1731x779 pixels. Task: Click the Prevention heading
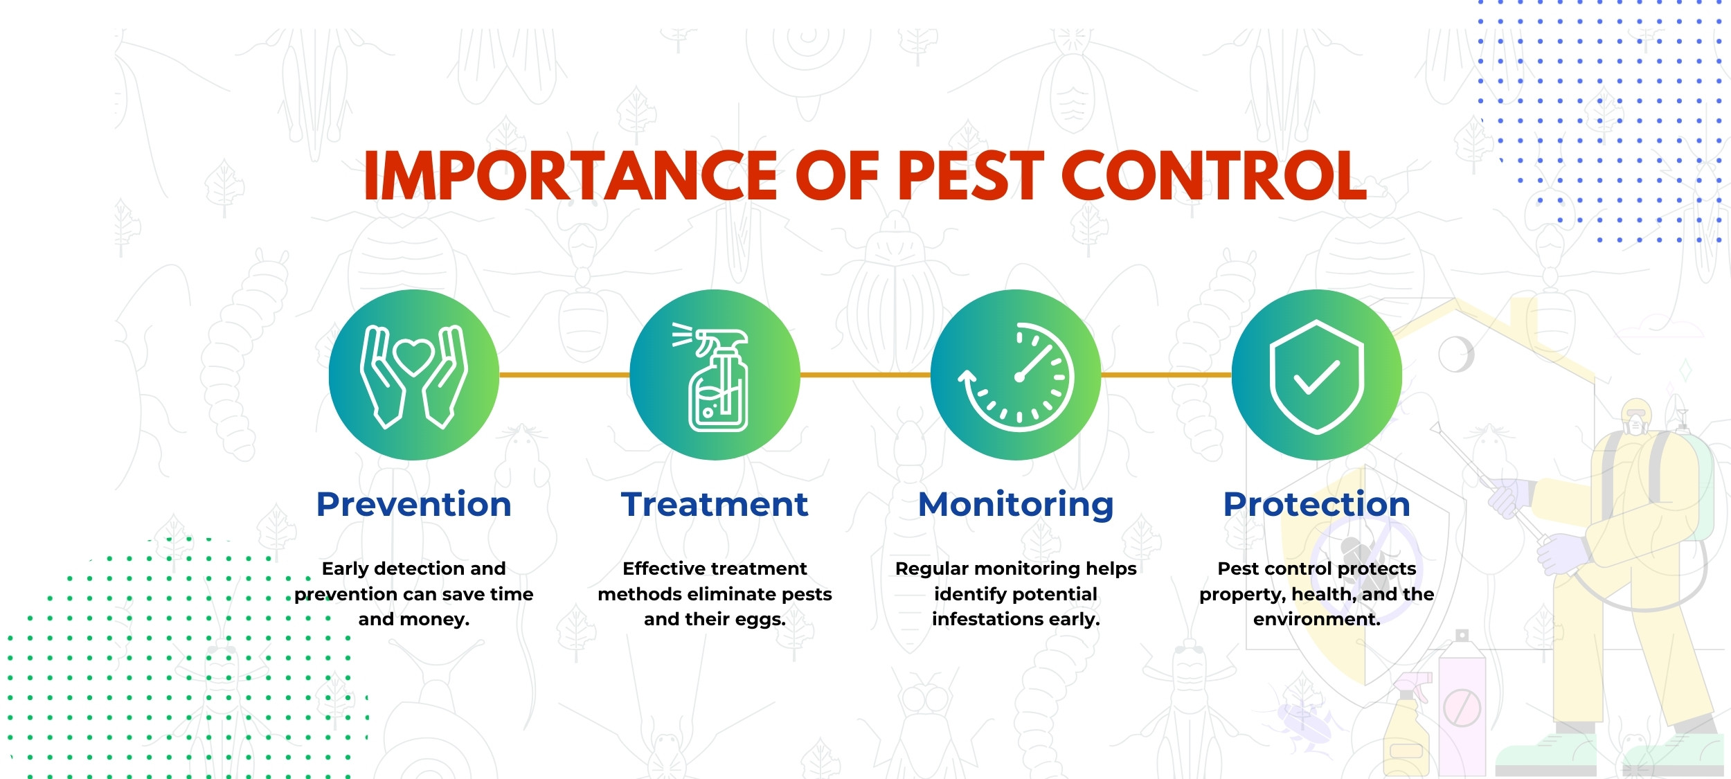[x=414, y=504]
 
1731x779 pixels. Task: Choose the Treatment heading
[x=715, y=504]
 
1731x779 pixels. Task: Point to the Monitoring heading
[x=1016, y=505]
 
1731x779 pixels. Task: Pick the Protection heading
[x=1317, y=504]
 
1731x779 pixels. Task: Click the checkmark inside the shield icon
[x=1316, y=378]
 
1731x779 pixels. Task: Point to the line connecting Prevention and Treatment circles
[x=564, y=375]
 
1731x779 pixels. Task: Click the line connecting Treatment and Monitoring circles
[x=865, y=375]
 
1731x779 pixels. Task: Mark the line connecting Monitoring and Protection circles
[x=1166, y=375]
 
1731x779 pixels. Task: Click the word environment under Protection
[x=1317, y=619]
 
